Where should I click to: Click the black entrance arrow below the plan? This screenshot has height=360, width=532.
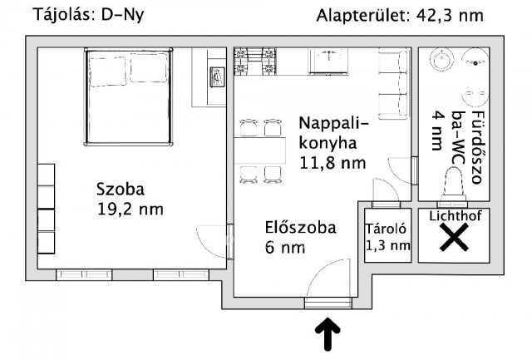(328, 334)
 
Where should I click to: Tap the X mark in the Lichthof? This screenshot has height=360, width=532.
(454, 238)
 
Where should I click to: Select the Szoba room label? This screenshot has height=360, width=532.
(121, 189)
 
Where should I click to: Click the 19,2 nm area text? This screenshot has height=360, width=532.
(131, 209)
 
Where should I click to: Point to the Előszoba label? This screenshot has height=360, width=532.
(301, 227)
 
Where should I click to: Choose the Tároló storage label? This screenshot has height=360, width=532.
(386, 229)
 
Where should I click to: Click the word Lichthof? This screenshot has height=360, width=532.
(455, 216)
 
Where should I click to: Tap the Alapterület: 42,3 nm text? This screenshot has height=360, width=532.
(400, 16)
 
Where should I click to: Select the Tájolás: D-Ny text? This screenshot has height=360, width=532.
(89, 15)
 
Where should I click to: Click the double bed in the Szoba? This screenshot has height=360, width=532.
(129, 97)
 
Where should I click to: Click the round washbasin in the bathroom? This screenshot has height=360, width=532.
(441, 60)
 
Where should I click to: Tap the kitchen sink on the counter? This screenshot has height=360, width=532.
(328, 61)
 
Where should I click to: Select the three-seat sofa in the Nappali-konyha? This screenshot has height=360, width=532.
(393, 84)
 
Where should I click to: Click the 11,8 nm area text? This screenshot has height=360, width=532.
(332, 163)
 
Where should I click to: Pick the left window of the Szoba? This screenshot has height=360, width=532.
(84, 274)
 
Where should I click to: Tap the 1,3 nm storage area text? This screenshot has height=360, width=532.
(388, 245)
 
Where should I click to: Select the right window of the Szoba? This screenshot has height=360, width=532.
(181, 274)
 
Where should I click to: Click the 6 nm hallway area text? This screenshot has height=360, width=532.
(285, 248)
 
